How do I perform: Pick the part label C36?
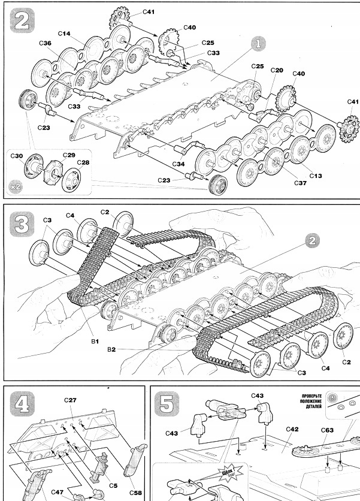coord(45,44)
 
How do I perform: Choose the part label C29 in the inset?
coord(69,155)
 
